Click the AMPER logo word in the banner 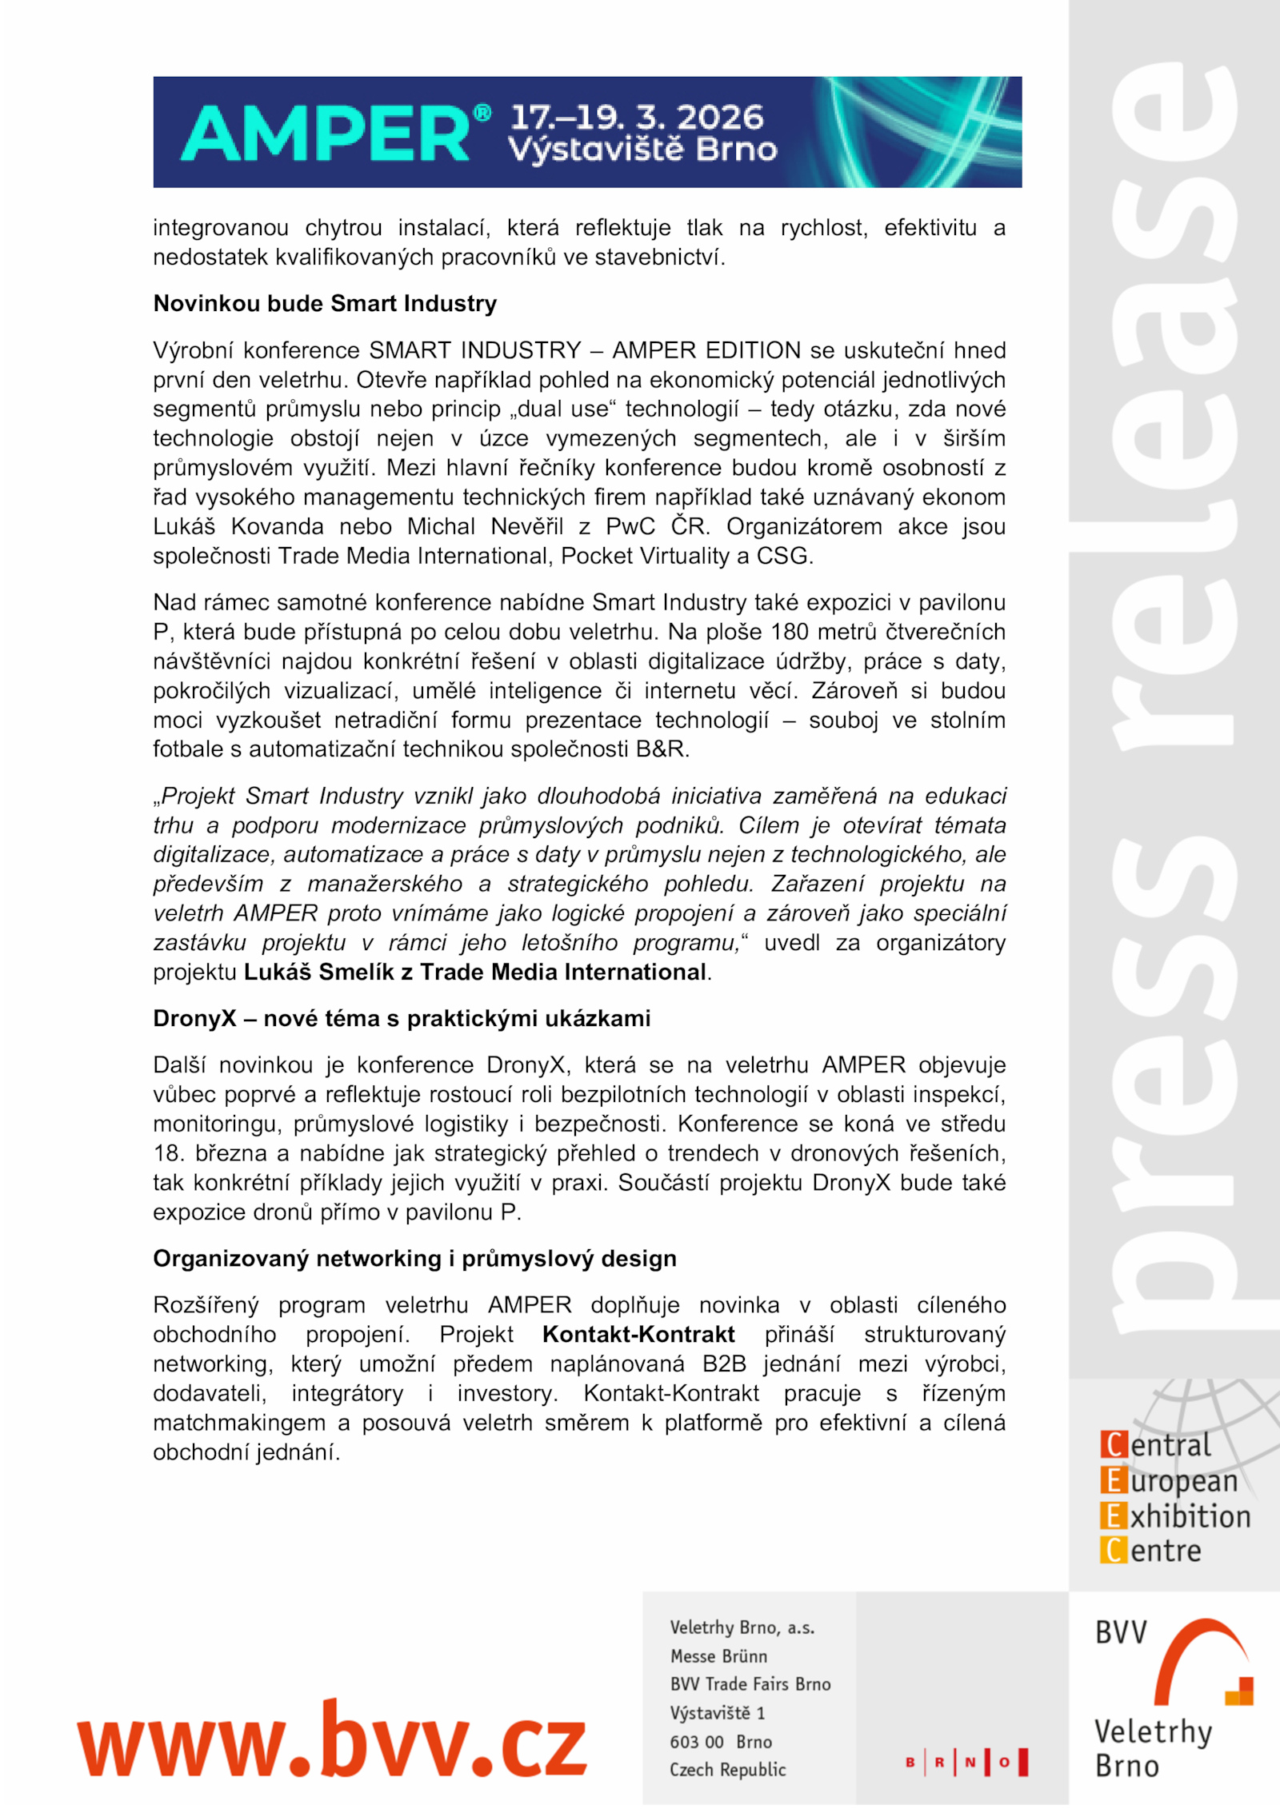pos(326,134)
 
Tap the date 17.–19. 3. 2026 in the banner pos(637,118)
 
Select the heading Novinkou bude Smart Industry pos(325,304)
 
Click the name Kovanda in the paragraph pos(277,527)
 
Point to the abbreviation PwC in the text pos(630,527)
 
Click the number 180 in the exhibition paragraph pos(790,633)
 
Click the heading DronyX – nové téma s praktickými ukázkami pos(402,1019)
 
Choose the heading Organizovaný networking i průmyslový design pos(414,1259)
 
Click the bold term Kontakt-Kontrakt pos(638,1335)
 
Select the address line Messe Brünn pos(718,1656)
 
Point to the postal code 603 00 pos(696,1742)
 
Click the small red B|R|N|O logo pos(966,1762)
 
